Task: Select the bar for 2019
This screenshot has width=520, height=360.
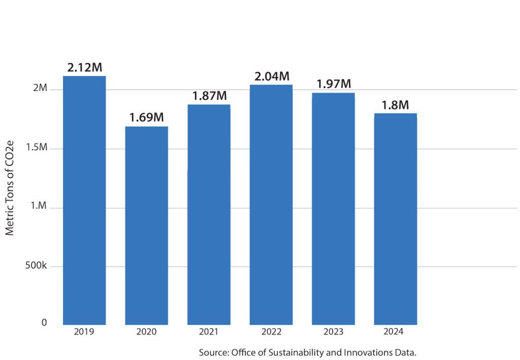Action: (x=84, y=200)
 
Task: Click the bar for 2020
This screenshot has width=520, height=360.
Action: (x=146, y=225)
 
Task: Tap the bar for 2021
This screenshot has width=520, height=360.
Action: (x=209, y=214)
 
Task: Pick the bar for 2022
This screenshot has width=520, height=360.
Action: (x=271, y=205)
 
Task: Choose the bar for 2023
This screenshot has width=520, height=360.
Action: (x=333, y=209)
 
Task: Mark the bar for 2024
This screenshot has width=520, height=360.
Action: (x=396, y=219)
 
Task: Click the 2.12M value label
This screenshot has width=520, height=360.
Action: (x=85, y=67)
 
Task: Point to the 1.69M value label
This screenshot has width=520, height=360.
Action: (x=146, y=118)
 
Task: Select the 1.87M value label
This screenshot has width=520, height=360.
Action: (x=209, y=95)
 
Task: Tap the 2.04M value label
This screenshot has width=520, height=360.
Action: (x=271, y=77)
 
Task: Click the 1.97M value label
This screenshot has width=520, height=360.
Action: (x=334, y=84)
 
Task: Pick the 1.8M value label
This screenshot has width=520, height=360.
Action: (x=396, y=105)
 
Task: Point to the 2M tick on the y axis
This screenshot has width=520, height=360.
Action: (x=41, y=88)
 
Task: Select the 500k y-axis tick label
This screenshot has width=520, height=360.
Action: (x=37, y=266)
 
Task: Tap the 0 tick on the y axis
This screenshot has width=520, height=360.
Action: (x=44, y=323)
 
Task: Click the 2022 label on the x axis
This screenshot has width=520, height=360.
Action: (x=271, y=332)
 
